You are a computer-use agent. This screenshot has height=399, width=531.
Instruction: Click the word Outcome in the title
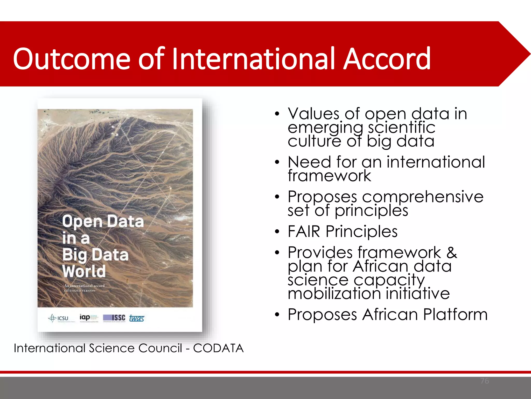pyautogui.click(x=72, y=59)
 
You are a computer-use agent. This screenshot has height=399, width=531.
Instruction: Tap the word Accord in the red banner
pyautogui.click(x=387, y=59)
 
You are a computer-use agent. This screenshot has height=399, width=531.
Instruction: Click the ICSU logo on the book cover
pyautogui.click(x=59, y=318)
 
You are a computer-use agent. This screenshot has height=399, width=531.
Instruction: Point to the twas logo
pyautogui.click(x=137, y=318)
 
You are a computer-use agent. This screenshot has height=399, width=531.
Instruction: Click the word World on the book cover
pyautogui.click(x=84, y=271)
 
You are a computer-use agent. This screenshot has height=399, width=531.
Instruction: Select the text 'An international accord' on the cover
pyautogui.click(x=84, y=285)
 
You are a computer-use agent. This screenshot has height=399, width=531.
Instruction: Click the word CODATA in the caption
pyautogui.click(x=218, y=348)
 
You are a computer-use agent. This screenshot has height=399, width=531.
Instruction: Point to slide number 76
pyautogui.click(x=485, y=381)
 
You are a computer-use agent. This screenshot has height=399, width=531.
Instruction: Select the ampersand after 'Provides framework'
pyautogui.click(x=452, y=252)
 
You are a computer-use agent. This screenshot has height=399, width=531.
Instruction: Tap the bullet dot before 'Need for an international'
pyautogui.click(x=277, y=162)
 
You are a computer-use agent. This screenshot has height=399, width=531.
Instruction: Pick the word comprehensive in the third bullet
pyautogui.click(x=423, y=197)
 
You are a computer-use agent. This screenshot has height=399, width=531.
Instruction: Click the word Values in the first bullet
pyautogui.click(x=313, y=114)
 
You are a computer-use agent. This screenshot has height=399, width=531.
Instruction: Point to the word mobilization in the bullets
pyautogui.click(x=334, y=294)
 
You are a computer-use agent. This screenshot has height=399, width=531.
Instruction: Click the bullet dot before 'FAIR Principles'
pyautogui.click(x=277, y=231)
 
